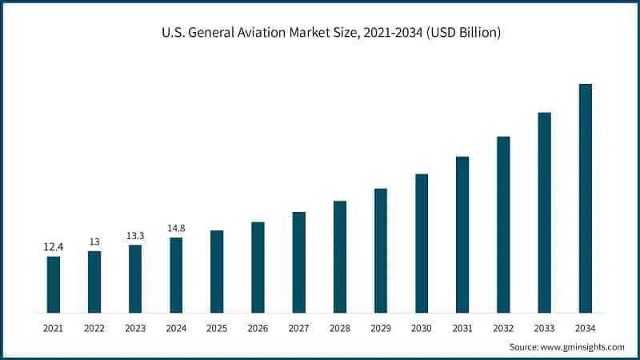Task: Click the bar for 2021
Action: (54, 284)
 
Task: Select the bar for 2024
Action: (176, 274)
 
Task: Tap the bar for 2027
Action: (298, 262)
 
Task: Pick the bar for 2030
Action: (422, 242)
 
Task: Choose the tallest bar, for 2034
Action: (585, 198)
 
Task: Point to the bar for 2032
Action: (503, 224)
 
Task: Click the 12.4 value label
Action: (54, 247)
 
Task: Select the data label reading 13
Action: (94, 242)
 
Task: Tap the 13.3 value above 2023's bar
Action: (135, 236)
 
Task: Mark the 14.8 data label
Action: (176, 229)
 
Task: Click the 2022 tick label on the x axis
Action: (94, 328)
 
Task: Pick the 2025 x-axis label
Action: (217, 328)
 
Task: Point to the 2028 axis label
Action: (339, 328)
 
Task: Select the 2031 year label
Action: (462, 328)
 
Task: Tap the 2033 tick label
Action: (544, 328)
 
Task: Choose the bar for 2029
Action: (381, 250)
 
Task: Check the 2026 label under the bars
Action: (258, 328)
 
